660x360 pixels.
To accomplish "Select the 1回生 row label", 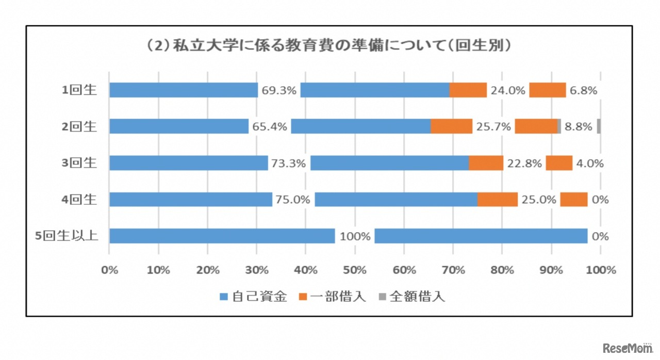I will click(79, 90).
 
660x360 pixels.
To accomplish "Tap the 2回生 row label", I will click(79, 126).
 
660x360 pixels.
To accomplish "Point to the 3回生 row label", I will click(79, 163).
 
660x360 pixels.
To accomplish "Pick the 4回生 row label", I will click(79, 200).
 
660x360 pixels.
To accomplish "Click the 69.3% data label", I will click(279, 91).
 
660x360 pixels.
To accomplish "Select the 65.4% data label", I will click(270, 127).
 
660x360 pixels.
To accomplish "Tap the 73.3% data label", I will click(289, 163).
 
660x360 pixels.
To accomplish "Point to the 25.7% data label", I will click(494, 127).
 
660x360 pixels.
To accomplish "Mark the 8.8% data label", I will click(579, 127).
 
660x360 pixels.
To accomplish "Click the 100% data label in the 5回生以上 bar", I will click(355, 237).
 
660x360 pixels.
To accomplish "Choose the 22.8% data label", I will click(525, 163).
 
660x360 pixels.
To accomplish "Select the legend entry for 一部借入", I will click(333, 297).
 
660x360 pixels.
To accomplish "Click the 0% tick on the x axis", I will click(109, 270).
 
